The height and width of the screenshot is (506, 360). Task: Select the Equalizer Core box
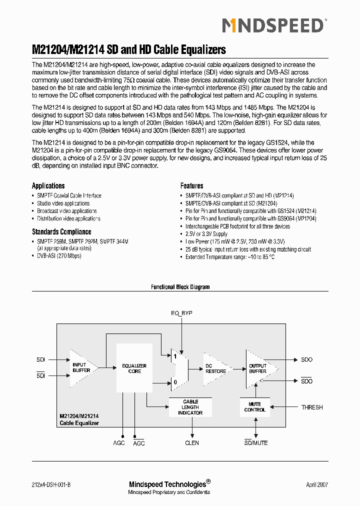[134, 368]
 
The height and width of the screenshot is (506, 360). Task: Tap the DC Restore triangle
[214, 368]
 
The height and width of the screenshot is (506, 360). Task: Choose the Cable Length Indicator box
[190, 407]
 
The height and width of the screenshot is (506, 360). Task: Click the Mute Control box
[255, 407]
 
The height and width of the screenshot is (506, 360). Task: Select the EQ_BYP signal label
[181, 313]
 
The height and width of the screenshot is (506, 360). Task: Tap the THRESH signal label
[312, 407]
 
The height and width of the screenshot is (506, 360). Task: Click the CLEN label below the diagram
[191, 443]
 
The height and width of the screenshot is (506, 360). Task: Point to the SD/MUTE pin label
[256, 443]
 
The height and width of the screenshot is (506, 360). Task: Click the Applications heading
[48, 185]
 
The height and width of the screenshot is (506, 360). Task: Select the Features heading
[191, 185]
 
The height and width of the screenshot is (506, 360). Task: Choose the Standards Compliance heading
[61, 232]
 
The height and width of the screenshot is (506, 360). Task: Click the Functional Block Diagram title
[180, 287]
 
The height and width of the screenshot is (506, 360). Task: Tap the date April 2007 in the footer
[317, 485]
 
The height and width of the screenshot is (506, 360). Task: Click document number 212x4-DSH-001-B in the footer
[54, 485]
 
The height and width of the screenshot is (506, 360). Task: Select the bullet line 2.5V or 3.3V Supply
[206, 234]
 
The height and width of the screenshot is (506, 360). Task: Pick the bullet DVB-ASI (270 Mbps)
[59, 255]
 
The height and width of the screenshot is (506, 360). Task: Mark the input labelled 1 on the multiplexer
[175, 357]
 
